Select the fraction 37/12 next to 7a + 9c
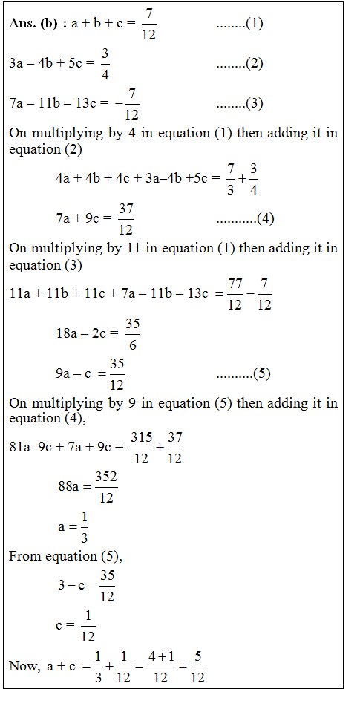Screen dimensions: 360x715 point(125,219)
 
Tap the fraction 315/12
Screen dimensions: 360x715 point(141,448)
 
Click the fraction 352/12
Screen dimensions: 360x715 point(106,488)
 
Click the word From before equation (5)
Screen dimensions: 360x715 point(23,556)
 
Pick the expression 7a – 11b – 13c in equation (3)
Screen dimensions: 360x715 point(54,103)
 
